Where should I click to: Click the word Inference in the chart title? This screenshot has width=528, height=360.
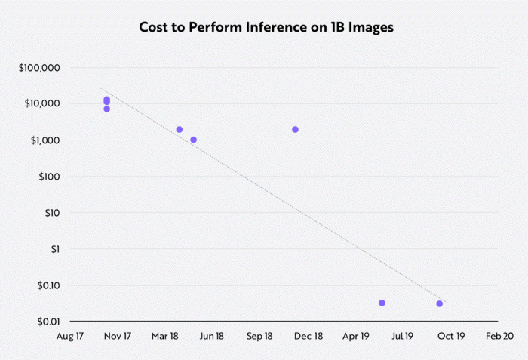click(278, 28)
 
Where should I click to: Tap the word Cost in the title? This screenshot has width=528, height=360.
click(155, 28)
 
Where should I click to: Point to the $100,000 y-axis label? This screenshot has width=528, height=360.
click(39, 68)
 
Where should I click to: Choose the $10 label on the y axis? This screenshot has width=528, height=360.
click(51, 213)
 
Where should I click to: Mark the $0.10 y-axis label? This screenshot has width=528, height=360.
click(48, 285)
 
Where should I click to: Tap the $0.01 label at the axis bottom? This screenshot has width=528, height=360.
click(48, 322)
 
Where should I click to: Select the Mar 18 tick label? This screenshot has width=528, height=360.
click(164, 336)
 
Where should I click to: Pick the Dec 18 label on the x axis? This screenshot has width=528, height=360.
click(308, 336)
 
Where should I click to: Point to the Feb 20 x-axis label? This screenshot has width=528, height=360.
click(499, 336)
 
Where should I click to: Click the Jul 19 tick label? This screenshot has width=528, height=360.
click(403, 336)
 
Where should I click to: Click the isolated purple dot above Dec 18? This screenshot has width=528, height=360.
click(295, 130)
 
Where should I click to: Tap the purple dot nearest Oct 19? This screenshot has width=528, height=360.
click(439, 303)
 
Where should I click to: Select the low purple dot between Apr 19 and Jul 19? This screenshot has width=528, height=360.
click(382, 303)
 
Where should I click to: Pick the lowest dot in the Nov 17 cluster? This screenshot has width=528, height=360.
click(107, 109)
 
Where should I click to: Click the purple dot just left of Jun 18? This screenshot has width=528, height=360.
click(193, 140)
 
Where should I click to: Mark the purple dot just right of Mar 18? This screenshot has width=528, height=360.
click(180, 130)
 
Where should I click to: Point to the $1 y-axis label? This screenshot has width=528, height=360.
click(54, 249)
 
